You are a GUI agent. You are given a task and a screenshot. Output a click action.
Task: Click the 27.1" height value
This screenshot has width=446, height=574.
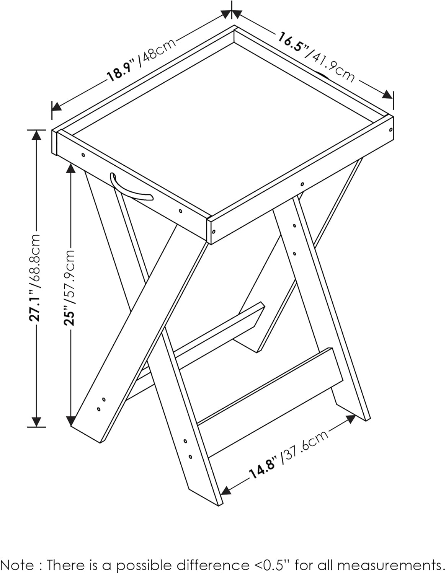click(34, 304)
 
